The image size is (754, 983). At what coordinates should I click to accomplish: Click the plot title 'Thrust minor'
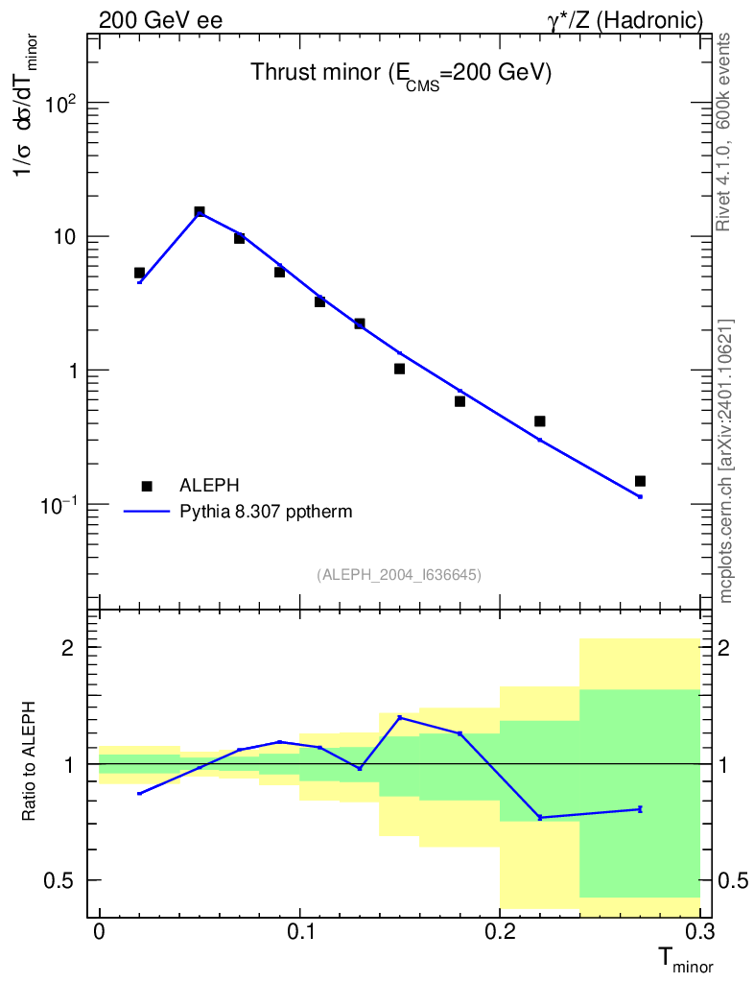pos(400,74)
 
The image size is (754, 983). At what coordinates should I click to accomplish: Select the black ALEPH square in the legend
pos(147,487)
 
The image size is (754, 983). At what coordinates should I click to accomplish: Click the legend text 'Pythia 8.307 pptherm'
pos(266,512)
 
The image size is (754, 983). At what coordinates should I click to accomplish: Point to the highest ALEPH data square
pos(200,212)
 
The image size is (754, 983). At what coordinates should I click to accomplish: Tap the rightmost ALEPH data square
pos(640,481)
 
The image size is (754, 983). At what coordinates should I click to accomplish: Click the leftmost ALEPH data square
pos(140,273)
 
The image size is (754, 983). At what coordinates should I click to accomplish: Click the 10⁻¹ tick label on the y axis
pos(59,505)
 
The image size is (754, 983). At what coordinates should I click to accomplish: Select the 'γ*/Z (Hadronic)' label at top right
pos(624,19)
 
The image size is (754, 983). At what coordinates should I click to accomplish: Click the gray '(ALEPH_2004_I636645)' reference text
pos(399,574)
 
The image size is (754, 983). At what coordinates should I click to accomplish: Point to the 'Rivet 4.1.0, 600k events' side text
pos(725,132)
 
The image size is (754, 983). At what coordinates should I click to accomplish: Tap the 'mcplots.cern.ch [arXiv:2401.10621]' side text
pos(725,461)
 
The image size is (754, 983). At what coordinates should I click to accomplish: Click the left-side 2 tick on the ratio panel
pos(68,648)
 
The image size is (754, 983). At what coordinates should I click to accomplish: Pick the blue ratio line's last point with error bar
pos(640,809)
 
